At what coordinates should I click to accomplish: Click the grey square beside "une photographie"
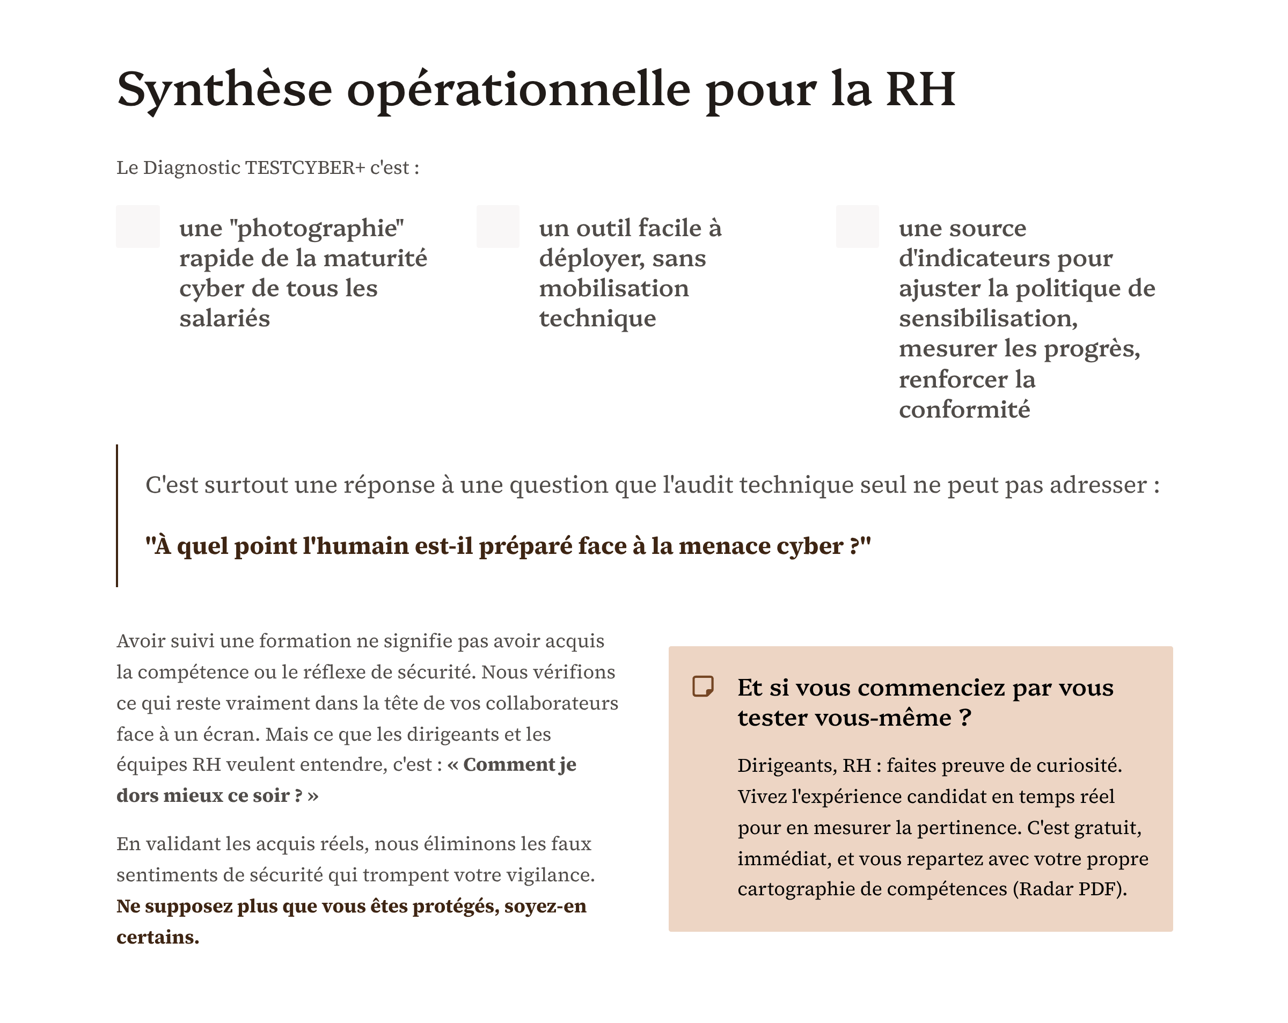click(138, 226)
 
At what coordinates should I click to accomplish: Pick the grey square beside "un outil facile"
click(498, 226)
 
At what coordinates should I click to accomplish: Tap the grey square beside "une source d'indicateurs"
click(857, 226)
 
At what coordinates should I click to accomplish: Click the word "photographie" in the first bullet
click(317, 229)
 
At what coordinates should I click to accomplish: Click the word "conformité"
click(964, 410)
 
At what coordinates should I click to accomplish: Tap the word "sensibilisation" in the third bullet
click(988, 318)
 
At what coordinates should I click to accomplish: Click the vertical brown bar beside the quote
click(117, 515)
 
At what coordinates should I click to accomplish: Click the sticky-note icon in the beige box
click(702, 686)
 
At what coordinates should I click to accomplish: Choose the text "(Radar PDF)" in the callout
click(1070, 889)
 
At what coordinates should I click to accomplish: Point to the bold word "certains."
click(158, 937)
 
